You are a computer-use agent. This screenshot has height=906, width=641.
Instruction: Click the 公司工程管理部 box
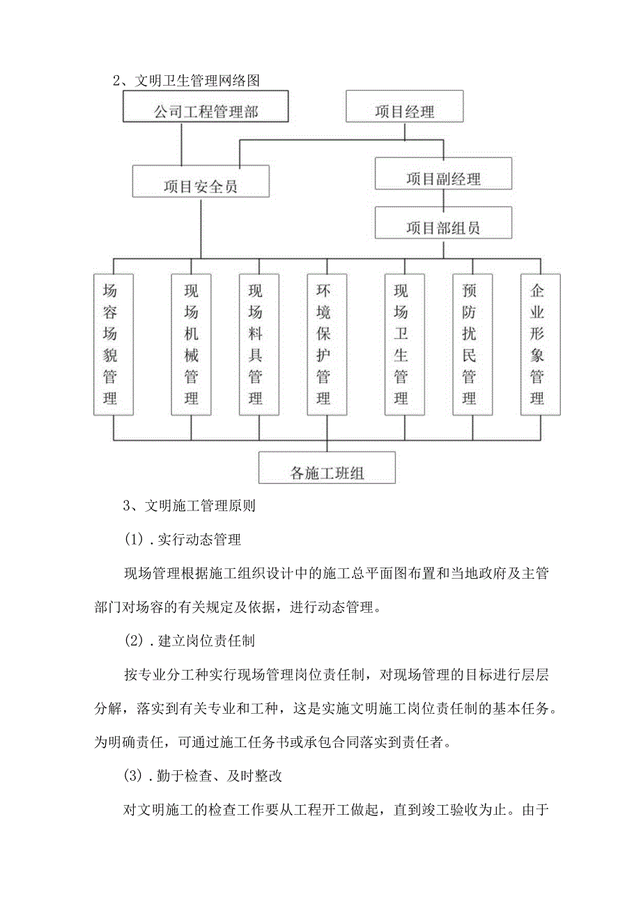(206, 110)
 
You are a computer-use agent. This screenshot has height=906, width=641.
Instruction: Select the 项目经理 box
(405, 110)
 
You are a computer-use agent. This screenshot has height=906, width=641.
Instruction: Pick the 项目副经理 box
(443, 174)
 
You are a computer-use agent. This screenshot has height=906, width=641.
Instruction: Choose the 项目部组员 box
(443, 223)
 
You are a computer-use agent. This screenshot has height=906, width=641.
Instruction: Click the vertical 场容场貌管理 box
(114, 345)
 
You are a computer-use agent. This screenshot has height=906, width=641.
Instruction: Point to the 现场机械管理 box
(191, 345)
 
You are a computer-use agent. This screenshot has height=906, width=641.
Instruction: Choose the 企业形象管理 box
(540, 345)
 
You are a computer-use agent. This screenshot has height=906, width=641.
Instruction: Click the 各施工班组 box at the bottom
(327, 468)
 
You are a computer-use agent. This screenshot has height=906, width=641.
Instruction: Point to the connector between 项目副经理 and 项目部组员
(443, 198)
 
